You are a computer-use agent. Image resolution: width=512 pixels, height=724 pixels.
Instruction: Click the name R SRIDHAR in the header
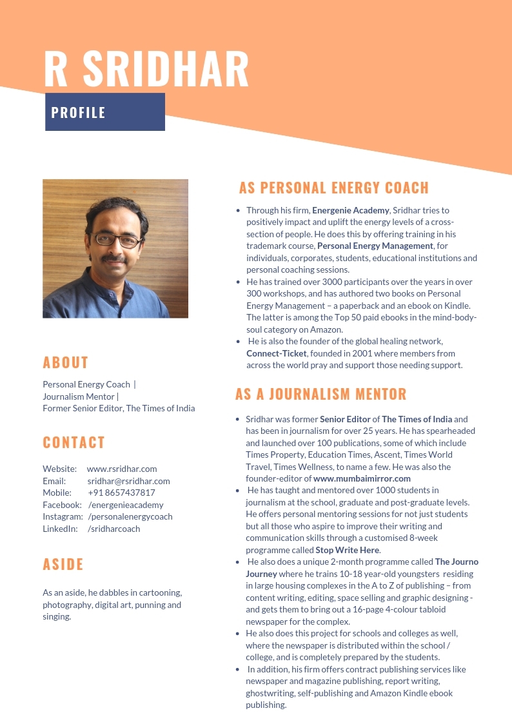(x=146, y=68)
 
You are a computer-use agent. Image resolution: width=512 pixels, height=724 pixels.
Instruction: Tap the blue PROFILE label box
(x=105, y=112)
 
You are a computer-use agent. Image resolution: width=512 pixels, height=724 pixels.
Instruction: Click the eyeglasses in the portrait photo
(x=117, y=240)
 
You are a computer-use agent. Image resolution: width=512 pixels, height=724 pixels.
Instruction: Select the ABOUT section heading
(x=66, y=362)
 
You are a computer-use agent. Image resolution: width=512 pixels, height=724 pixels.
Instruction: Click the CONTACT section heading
(x=74, y=442)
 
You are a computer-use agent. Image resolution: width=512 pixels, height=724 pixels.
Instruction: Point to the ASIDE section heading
(x=63, y=564)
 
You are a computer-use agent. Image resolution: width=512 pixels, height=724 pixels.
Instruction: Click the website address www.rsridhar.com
(x=122, y=469)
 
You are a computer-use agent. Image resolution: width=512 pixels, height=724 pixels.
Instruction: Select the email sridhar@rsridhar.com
(x=128, y=481)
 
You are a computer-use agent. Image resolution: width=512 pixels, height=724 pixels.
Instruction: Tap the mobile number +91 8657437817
(x=121, y=493)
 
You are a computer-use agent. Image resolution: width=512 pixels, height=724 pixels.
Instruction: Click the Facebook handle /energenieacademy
(x=126, y=505)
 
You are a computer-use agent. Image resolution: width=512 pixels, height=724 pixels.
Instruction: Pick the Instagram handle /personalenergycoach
(x=130, y=516)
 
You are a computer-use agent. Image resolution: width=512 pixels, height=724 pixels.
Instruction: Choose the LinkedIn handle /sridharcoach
(x=113, y=529)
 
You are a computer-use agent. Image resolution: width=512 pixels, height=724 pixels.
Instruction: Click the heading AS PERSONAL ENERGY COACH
(x=333, y=188)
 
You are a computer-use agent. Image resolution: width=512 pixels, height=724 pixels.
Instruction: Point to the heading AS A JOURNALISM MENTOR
(x=320, y=394)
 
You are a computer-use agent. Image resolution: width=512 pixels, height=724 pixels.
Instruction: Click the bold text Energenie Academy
(x=351, y=210)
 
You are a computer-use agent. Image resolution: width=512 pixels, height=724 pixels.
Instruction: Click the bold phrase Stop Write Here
(x=348, y=550)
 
